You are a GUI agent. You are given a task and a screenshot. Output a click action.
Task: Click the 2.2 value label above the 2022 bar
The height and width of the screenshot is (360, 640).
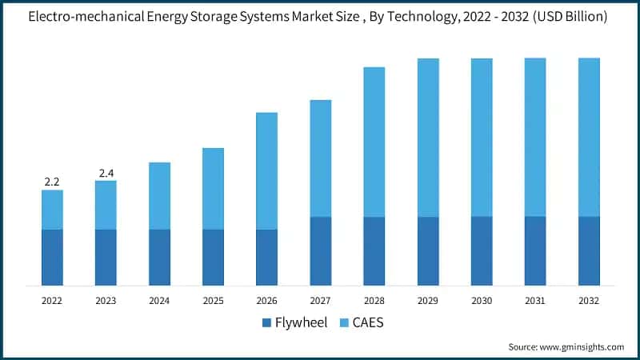point(52,182)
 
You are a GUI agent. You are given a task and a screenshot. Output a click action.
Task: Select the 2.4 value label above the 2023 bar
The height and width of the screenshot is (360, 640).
point(106,173)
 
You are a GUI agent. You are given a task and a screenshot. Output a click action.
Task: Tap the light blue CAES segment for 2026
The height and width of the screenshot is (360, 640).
point(266,170)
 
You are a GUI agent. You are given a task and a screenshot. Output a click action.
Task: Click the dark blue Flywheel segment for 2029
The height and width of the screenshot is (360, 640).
point(428,250)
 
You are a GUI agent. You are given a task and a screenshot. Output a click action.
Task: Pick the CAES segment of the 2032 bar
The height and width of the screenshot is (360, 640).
point(589,137)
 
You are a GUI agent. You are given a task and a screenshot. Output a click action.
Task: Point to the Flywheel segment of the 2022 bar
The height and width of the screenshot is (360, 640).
point(52,257)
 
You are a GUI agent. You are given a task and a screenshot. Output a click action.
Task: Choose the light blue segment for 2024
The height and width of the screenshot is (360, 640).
point(159,195)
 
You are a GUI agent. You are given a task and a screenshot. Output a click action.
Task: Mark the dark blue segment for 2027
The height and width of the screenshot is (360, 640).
point(320,250)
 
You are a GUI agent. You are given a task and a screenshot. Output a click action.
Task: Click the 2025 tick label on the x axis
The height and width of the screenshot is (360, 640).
point(213,301)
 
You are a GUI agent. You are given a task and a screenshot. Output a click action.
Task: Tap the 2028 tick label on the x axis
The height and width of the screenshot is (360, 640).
point(374,301)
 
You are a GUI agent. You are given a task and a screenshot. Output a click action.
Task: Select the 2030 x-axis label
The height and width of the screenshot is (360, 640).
point(482,301)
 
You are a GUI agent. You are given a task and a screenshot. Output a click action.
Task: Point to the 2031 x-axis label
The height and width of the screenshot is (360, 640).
point(535,301)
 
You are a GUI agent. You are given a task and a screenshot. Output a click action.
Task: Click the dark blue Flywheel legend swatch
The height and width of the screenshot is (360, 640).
point(267,323)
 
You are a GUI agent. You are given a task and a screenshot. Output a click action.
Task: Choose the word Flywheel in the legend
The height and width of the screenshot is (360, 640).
point(302,323)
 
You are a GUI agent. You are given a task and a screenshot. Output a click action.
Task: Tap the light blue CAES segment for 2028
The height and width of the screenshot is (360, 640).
point(374,142)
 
